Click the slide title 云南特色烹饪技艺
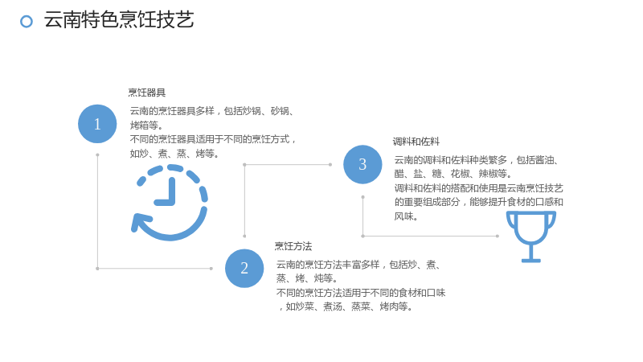pyautogui.click(x=119, y=19)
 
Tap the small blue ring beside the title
pyautogui.click(x=27, y=22)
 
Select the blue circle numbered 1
pyautogui.click(x=97, y=124)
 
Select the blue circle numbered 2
pyautogui.click(x=244, y=268)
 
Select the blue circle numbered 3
pyautogui.click(x=362, y=164)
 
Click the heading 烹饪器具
pyautogui.click(x=147, y=93)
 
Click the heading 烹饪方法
pyautogui.click(x=293, y=246)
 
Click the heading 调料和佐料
pyautogui.click(x=416, y=142)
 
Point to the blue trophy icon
pyautogui.click(x=531, y=237)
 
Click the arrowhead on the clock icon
pyautogui.click(x=138, y=224)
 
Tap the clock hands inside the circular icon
pyautogui.click(x=166, y=192)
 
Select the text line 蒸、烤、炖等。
pyautogui.click(x=307, y=278)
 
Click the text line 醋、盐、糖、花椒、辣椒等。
pyautogui.click(x=453, y=174)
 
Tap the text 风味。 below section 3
pyautogui.click(x=406, y=216)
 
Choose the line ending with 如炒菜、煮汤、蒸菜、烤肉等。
pyautogui.click(x=346, y=306)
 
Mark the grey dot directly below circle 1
pyautogui.click(x=97, y=155)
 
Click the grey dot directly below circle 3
pyautogui.click(x=362, y=197)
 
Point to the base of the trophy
pyautogui.click(x=531, y=260)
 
